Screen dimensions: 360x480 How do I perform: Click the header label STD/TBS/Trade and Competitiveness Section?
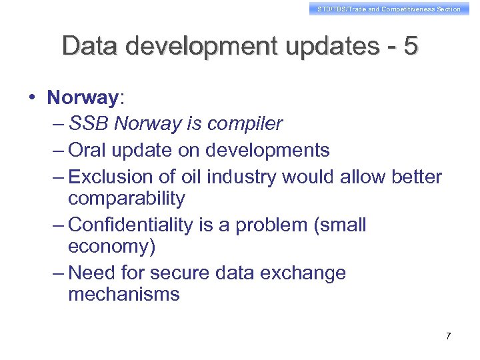click(389, 9)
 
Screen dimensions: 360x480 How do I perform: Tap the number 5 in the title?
click(411, 46)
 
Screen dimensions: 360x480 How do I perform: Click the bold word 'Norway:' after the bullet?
click(85, 98)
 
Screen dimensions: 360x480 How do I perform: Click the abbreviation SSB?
click(89, 124)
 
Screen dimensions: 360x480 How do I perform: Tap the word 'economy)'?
click(111, 247)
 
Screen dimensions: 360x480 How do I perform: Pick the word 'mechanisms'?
click(124, 295)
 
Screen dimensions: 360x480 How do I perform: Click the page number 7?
click(448, 336)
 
